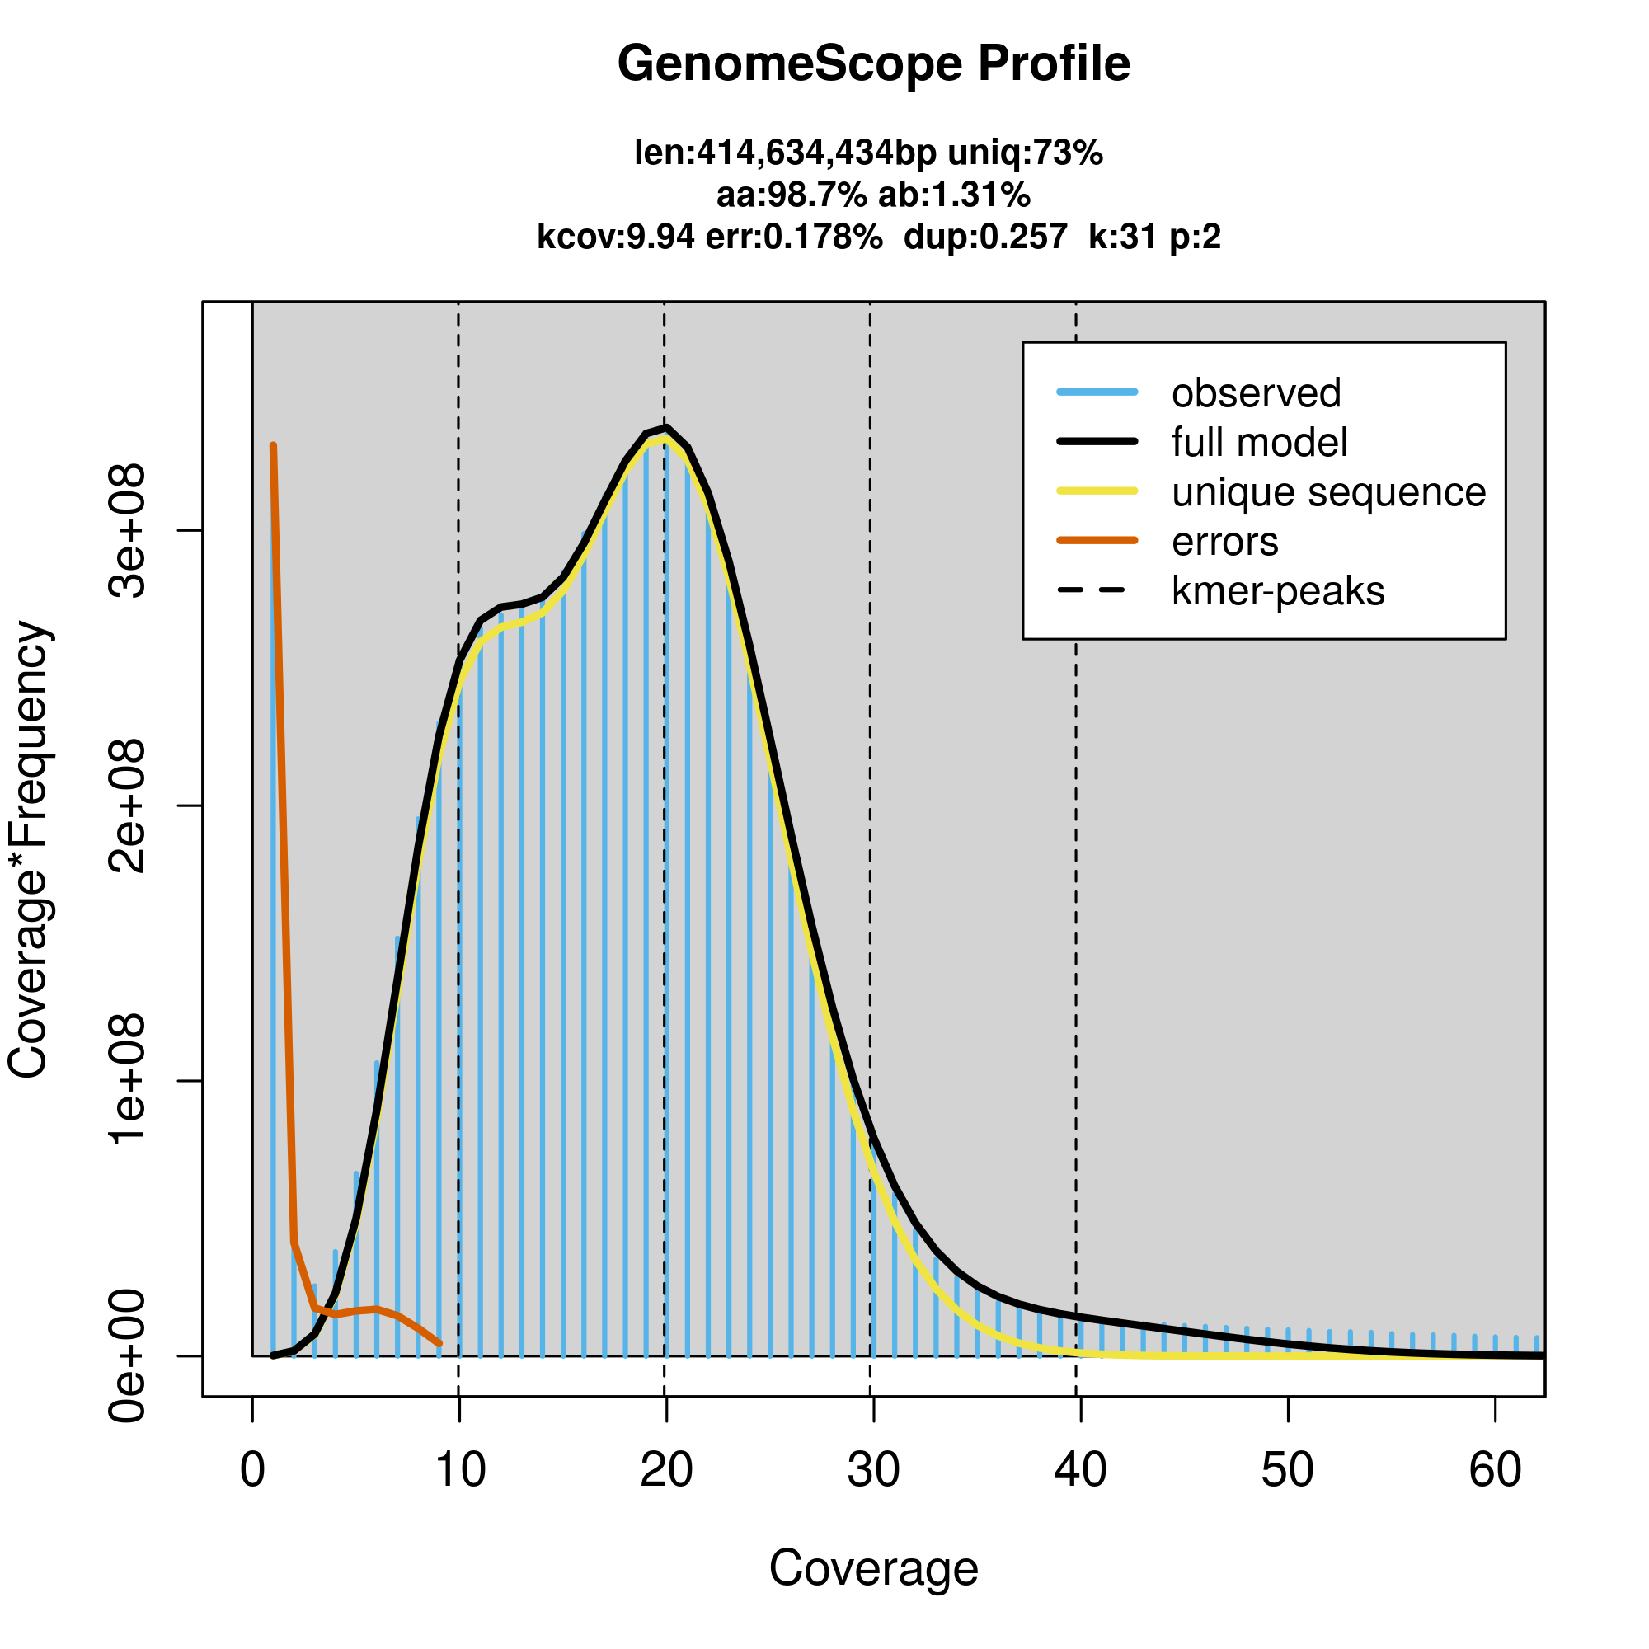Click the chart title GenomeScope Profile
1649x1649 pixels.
(873, 64)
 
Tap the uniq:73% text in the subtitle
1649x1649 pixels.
(1025, 153)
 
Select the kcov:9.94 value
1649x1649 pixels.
(614, 237)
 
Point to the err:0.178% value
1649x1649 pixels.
(794, 237)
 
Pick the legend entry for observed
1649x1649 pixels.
(1256, 393)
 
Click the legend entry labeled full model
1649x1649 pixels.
(1259, 443)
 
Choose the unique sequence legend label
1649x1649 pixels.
(1328, 492)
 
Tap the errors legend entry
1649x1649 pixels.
(1225, 542)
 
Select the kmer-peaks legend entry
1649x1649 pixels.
(1278, 591)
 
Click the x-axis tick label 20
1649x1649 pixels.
(665, 1470)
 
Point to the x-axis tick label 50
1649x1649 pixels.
(1287, 1470)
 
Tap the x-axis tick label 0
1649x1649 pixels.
(252, 1470)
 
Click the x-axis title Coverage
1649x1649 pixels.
(873, 1569)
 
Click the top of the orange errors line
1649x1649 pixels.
(273, 446)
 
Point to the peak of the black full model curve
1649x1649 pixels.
(665, 428)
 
